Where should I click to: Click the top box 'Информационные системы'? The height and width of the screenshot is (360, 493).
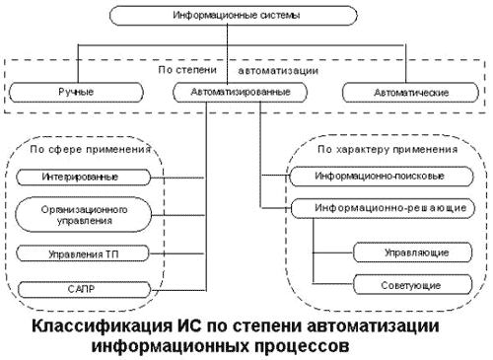(x=230, y=16)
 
